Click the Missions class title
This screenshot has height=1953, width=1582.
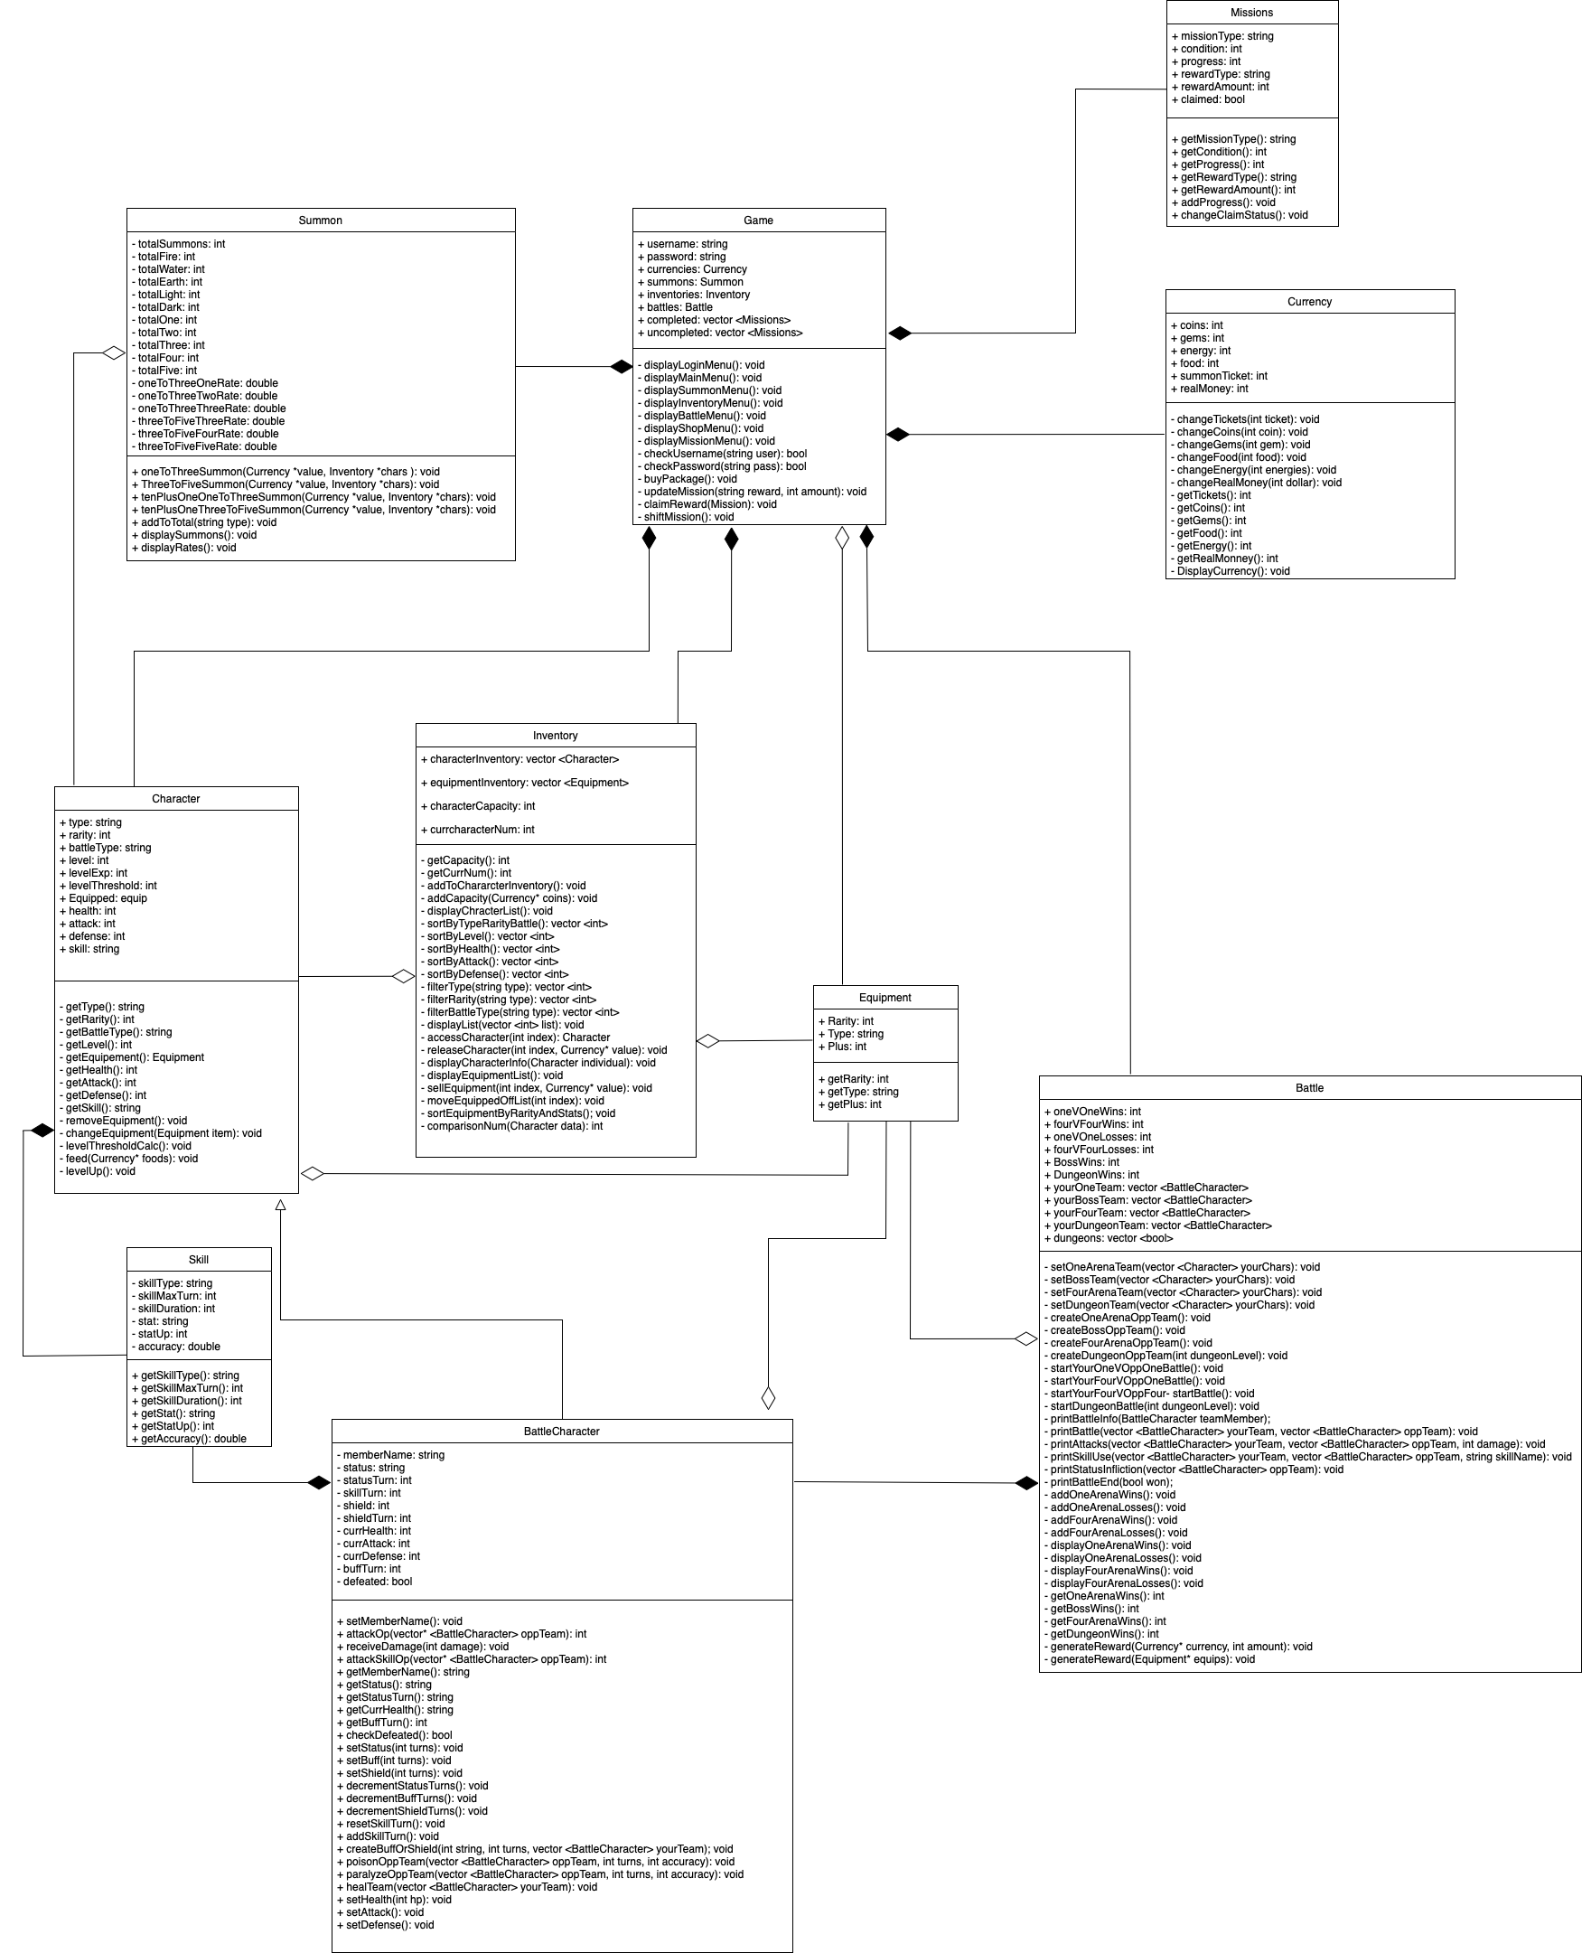1251,13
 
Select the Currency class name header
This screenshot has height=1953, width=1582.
1308,302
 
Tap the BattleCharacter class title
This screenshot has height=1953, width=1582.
561,1432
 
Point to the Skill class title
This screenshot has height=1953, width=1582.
199,1260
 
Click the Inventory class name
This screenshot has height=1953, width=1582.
555,736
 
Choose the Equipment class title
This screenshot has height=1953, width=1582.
885,998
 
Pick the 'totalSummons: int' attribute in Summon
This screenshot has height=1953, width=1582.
181,244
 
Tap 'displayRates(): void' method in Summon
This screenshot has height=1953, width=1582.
188,548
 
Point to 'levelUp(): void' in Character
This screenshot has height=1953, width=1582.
100,1171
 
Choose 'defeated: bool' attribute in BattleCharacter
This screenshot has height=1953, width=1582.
378,1582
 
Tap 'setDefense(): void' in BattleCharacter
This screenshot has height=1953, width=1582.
389,1925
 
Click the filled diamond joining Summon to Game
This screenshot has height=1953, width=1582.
621,366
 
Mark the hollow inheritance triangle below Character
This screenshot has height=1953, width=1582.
281,1205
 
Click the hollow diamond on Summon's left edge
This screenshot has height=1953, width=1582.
114,352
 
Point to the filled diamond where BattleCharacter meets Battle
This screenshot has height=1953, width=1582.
1026,1483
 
